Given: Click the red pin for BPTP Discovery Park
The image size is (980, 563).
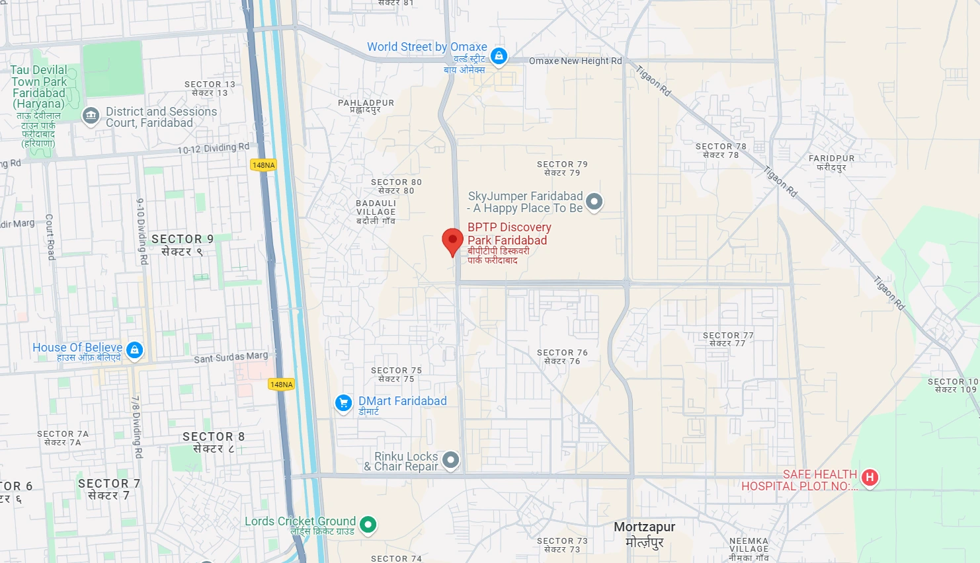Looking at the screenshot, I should (x=452, y=241).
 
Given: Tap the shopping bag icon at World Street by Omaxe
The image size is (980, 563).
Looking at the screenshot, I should (x=499, y=56).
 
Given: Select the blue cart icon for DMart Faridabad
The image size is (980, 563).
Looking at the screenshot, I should (x=343, y=402).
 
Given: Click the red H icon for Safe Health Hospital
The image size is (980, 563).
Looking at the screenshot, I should (x=870, y=477).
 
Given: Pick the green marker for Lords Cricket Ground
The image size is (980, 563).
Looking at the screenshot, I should (x=368, y=525).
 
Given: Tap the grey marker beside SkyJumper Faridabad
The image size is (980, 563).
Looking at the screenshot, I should (x=594, y=202).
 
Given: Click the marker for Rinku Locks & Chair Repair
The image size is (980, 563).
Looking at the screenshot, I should (x=450, y=459).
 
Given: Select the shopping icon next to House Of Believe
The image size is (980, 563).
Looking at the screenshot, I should (x=135, y=350).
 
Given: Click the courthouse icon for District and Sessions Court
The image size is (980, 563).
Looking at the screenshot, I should (x=91, y=116).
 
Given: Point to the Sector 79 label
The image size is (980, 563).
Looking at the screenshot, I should (x=562, y=169).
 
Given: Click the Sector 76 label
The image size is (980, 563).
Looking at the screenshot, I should (x=562, y=357).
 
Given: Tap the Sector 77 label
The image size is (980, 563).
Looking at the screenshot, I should (x=728, y=339).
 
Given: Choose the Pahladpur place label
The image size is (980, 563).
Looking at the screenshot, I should (x=366, y=106).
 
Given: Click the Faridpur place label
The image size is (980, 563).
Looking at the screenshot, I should (x=831, y=163).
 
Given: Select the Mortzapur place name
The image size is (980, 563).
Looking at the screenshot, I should (x=644, y=534).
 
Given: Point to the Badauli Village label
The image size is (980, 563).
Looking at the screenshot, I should (x=376, y=212).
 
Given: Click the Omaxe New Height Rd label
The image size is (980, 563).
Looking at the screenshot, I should (x=575, y=61).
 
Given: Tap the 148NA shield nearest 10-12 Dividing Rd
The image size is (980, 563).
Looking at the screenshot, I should (x=263, y=165).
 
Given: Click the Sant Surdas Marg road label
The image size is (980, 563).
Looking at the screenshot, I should (x=231, y=357).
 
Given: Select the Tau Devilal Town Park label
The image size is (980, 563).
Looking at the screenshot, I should (x=39, y=87).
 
